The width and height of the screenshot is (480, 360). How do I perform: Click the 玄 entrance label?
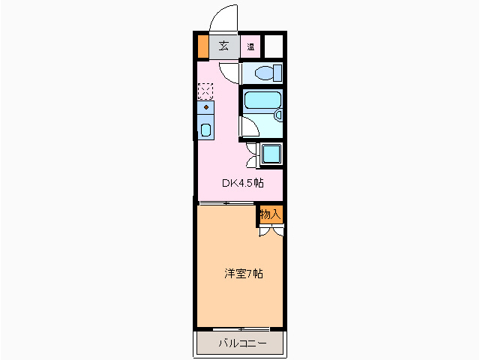(x=223, y=46)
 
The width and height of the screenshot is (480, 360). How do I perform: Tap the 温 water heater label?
(x=250, y=46)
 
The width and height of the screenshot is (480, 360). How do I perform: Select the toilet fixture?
(x=265, y=73)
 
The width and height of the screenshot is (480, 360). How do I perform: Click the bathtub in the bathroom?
(x=262, y=100)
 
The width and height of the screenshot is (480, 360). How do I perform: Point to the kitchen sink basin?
(x=205, y=129)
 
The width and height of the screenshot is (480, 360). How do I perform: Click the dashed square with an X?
(x=205, y=91)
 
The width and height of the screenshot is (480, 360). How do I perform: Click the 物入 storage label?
(x=270, y=214)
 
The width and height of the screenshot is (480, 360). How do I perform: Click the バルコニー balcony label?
(x=241, y=344)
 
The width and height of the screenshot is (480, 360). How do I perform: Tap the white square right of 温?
(x=274, y=46)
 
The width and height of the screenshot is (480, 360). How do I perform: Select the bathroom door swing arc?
(x=248, y=125)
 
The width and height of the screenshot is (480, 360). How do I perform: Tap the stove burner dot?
(x=205, y=108)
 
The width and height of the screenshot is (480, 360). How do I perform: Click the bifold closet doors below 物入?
(x=270, y=231)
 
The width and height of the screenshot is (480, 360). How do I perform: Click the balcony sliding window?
(x=241, y=329)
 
